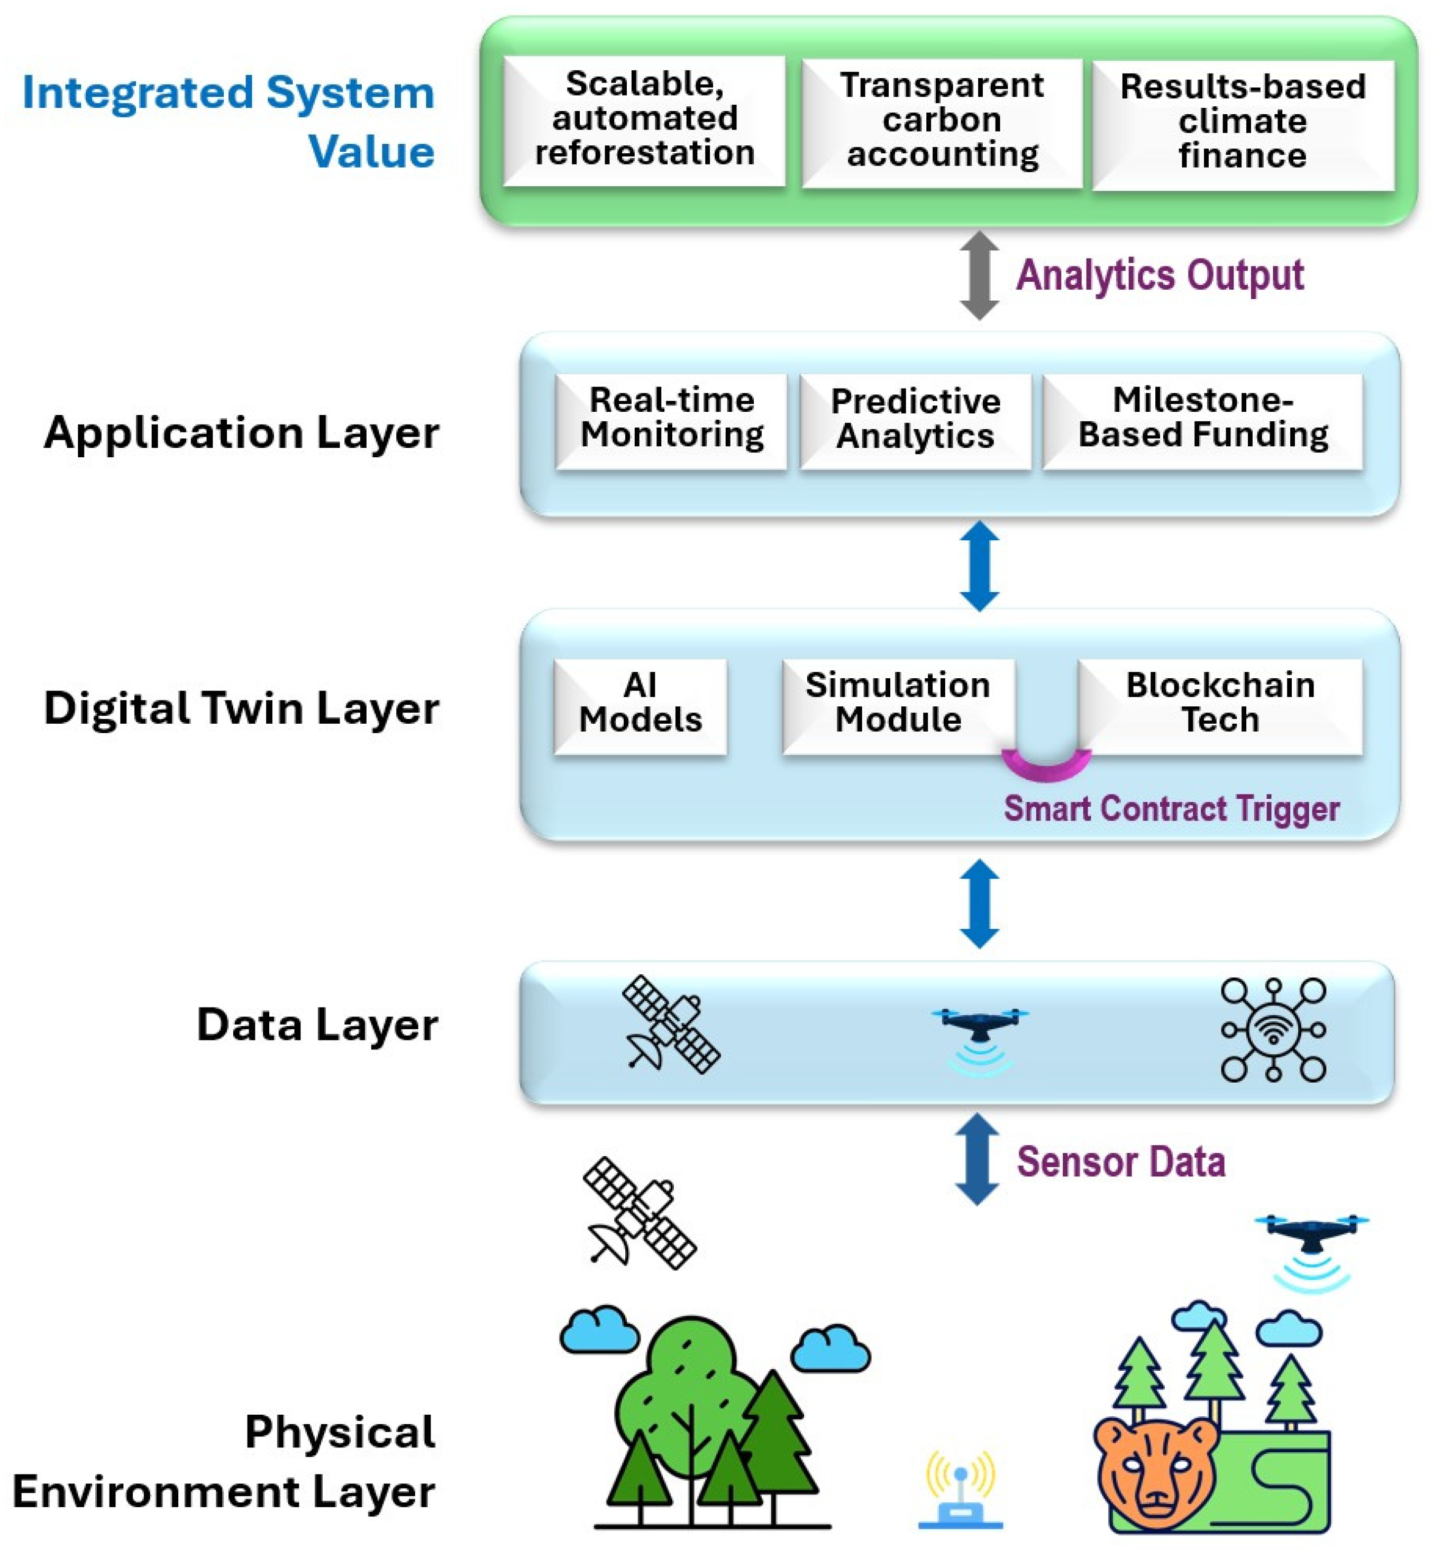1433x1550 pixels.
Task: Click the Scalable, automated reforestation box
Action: point(644,120)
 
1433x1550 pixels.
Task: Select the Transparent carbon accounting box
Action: point(942,122)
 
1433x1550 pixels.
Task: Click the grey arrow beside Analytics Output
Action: point(979,275)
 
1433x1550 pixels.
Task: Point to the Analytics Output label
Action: point(1160,275)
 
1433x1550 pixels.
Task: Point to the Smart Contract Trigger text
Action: point(1171,808)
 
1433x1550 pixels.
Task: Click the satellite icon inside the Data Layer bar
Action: point(671,1025)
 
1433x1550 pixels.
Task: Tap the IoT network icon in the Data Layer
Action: point(1273,1029)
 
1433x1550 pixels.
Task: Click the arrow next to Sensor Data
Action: point(977,1159)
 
